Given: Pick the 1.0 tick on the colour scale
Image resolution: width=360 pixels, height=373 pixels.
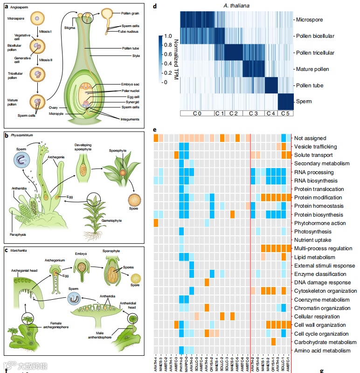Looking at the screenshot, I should coord(168,36).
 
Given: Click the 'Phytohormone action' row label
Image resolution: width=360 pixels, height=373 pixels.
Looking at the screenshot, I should coord(320,223).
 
